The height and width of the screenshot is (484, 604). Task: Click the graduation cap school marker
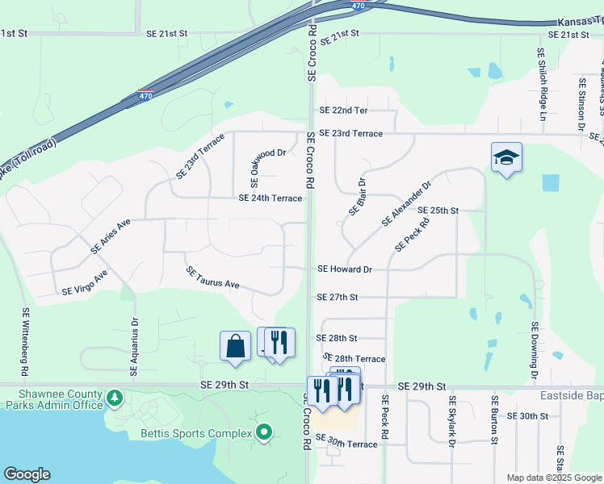coord(506,157)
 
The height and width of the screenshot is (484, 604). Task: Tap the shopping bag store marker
coord(234,345)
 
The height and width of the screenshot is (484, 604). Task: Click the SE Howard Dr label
coord(345,269)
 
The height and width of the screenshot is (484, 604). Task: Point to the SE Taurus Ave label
coord(213,278)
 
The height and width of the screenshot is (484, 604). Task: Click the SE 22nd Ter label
coord(343,111)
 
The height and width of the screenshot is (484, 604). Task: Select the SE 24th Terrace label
coord(270,198)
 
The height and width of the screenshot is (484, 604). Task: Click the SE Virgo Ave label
coord(85,283)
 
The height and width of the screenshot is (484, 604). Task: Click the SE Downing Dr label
coord(534,352)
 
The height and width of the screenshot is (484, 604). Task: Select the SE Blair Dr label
coord(358,197)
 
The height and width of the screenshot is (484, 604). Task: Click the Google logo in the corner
coord(27,474)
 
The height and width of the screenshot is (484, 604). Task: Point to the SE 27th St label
coord(338,298)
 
